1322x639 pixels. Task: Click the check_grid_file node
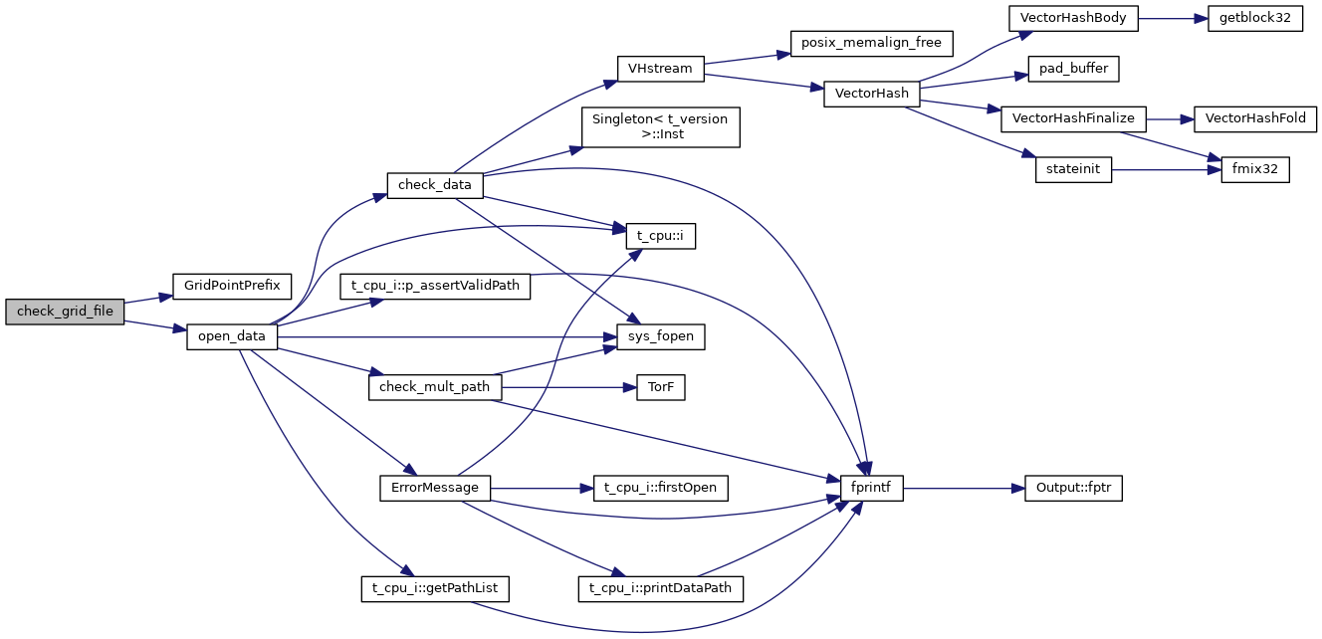click(65, 312)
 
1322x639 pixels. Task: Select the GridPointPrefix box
click(231, 286)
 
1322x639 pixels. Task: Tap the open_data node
click(231, 336)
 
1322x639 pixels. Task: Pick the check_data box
click(435, 185)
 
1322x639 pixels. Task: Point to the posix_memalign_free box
click(872, 43)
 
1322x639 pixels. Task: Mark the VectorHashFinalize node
click(1073, 118)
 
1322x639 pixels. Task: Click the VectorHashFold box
click(1254, 118)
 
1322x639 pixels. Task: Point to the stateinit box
click(1073, 169)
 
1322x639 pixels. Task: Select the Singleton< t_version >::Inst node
click(660, 126)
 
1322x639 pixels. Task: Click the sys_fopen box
click(660, 337)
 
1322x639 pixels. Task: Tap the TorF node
click(661, 387)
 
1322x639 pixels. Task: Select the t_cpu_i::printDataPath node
click(660, 588)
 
